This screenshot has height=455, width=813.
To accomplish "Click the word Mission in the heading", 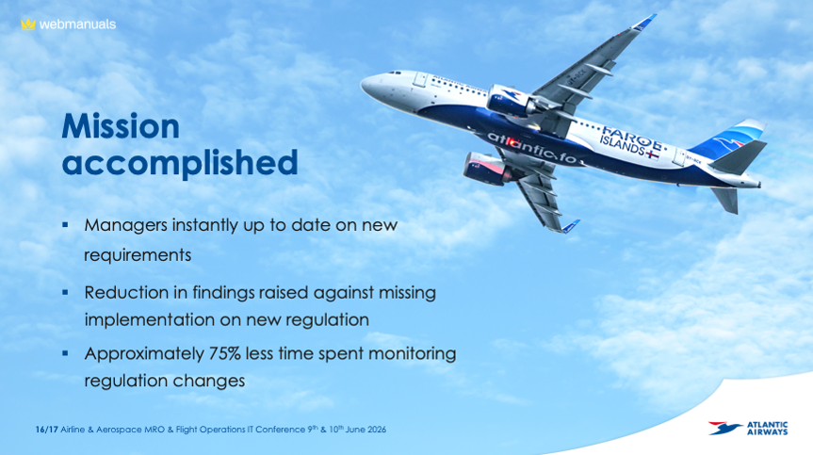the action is click(121, 126).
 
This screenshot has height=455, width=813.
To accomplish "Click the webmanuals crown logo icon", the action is click(28, 24).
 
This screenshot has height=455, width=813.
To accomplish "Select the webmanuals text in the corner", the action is click(77, 24).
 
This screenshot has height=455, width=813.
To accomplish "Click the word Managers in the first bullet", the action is click(125, 225).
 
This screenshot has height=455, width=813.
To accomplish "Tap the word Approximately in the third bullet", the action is click(144, 354).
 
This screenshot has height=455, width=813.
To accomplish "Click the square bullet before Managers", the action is click(65, 225).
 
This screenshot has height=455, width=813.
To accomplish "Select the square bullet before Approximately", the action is click(65, 353).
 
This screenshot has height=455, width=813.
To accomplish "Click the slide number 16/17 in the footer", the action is click(47, 430).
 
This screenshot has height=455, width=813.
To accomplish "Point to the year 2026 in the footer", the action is click(376, 430).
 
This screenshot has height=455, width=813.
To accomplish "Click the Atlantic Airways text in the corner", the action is click(768, 428).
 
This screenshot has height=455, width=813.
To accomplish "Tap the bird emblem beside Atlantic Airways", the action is click(724, 428).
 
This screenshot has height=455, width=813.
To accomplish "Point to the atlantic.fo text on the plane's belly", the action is click(532, 148).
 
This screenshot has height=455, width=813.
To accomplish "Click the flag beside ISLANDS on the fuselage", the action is click(653, 154).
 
